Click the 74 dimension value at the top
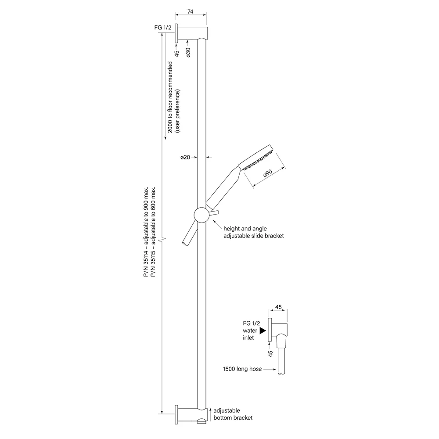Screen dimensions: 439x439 tap(190, 11)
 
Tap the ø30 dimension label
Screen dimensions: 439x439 tap(188, 52)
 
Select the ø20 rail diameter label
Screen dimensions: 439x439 tap(185, 157)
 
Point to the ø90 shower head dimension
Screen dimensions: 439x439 tap(268, 173)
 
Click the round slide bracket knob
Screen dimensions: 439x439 tap(202, 215)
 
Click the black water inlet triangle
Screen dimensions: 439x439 tap(263, 331)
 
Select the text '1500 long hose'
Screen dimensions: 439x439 tap(242, 369)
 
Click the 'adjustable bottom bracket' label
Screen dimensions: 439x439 tap(233, 414)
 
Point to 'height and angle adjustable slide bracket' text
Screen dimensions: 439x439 tap(254, 232)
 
